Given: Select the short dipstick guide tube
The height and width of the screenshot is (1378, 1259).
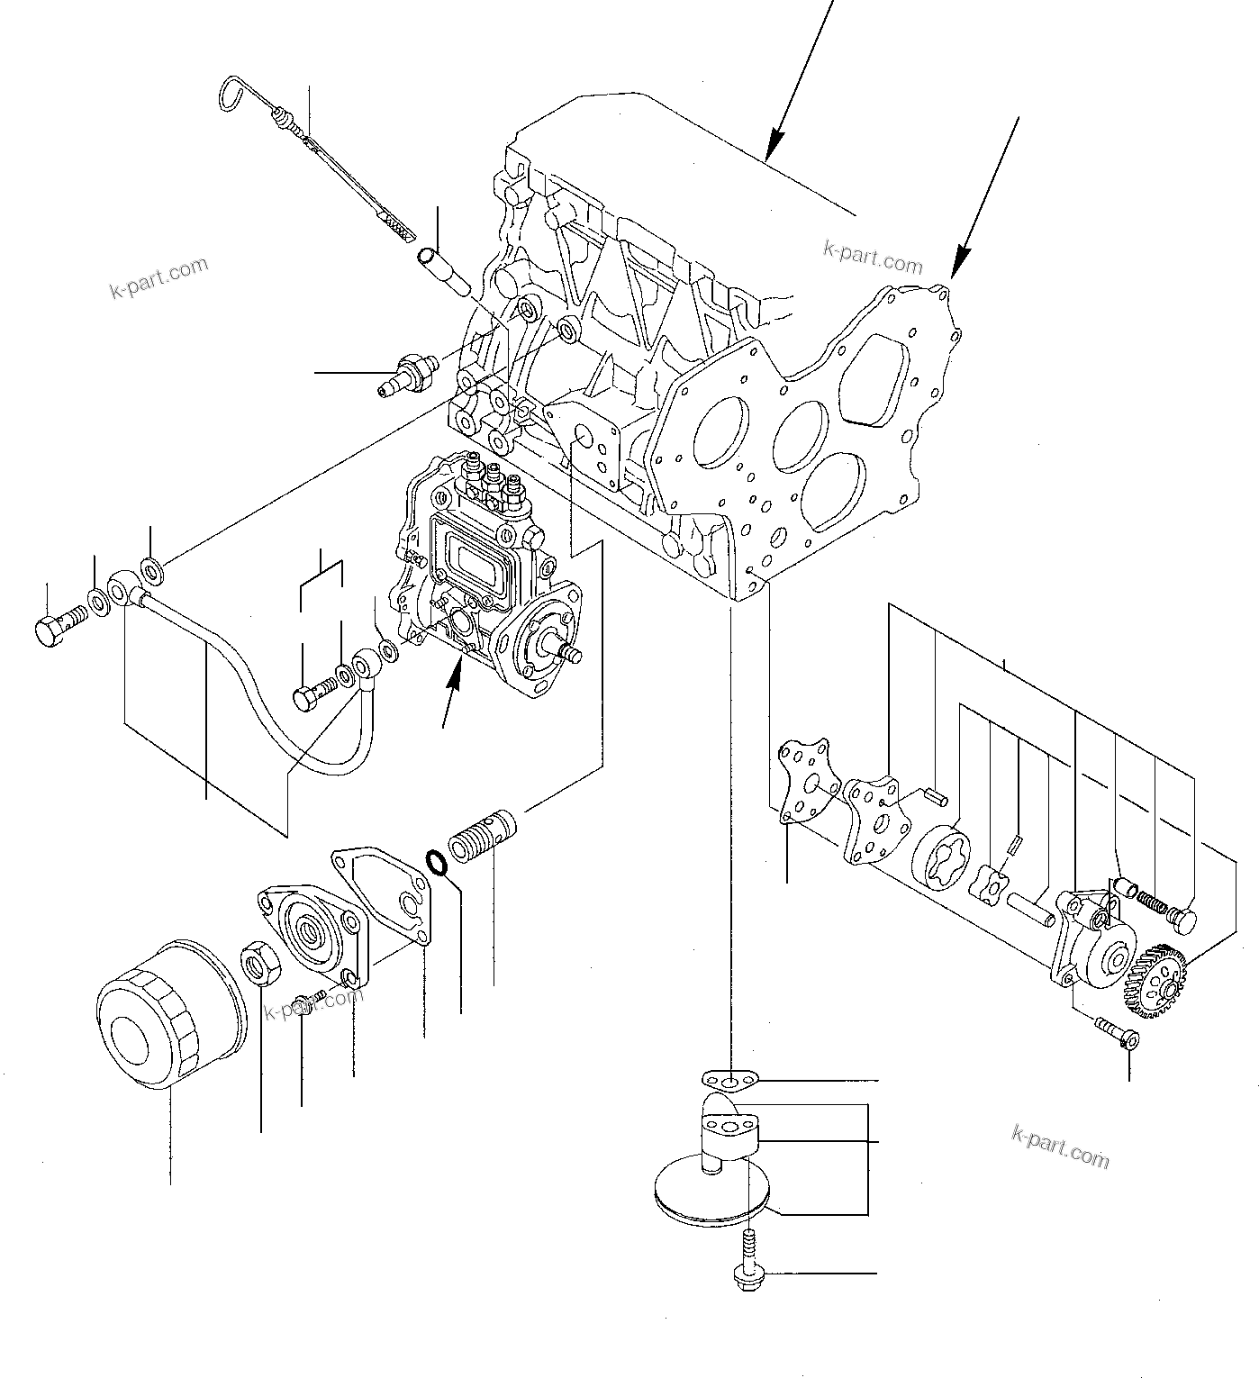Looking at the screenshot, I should (x=443, y=270).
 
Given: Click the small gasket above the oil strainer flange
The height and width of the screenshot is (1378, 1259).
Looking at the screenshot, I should (x=729, y=1078).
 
